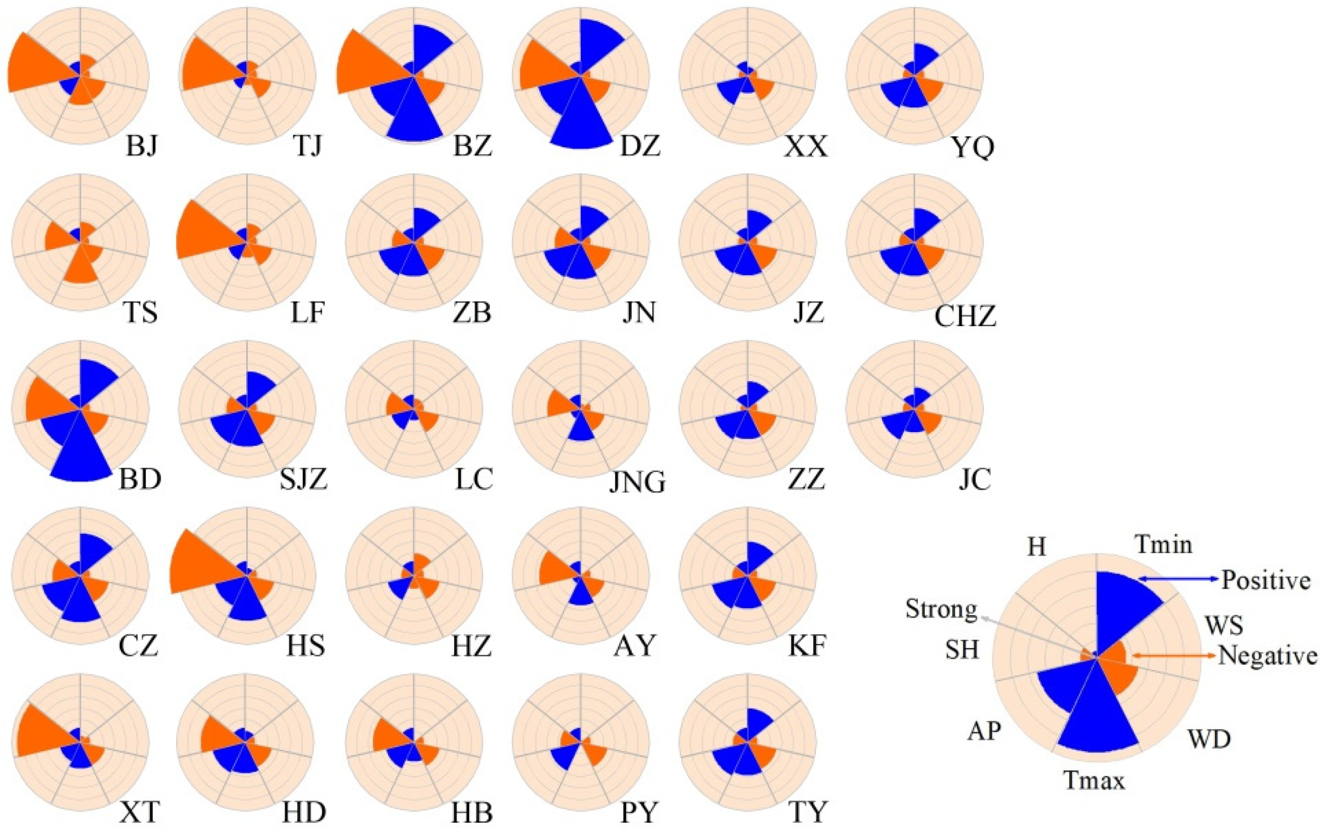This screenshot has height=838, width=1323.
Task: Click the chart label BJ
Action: click(x=142, y=146)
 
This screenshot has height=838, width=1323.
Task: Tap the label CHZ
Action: click(x=965, y=317)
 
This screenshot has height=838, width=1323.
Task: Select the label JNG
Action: click(x=637, y=482)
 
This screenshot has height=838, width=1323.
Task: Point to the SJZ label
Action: click(x=304, y=479)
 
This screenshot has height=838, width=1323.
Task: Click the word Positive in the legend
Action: click(x=1266, y=581)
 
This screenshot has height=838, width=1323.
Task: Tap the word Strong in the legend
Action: click(x=941, y=609)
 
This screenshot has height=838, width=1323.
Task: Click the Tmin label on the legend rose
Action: click(x=1164, y=545)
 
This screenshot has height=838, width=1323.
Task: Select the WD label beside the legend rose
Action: click(x=1209, y=740)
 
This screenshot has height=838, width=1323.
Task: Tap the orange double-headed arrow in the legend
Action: click(x=1173, y=655)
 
